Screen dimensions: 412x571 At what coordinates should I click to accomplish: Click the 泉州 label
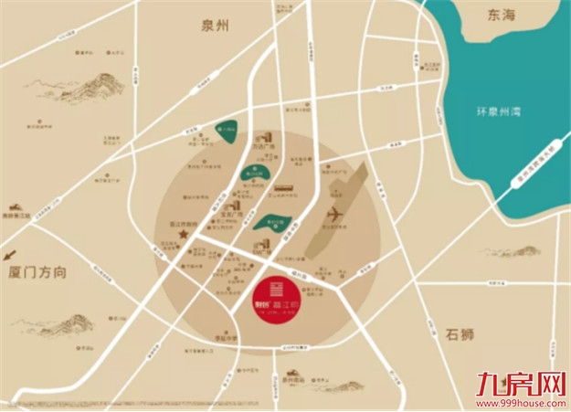216,26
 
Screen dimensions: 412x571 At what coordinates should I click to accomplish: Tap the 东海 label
502,15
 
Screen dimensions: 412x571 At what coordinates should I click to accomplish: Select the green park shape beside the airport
273,220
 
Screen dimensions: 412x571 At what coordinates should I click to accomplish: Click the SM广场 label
340,169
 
